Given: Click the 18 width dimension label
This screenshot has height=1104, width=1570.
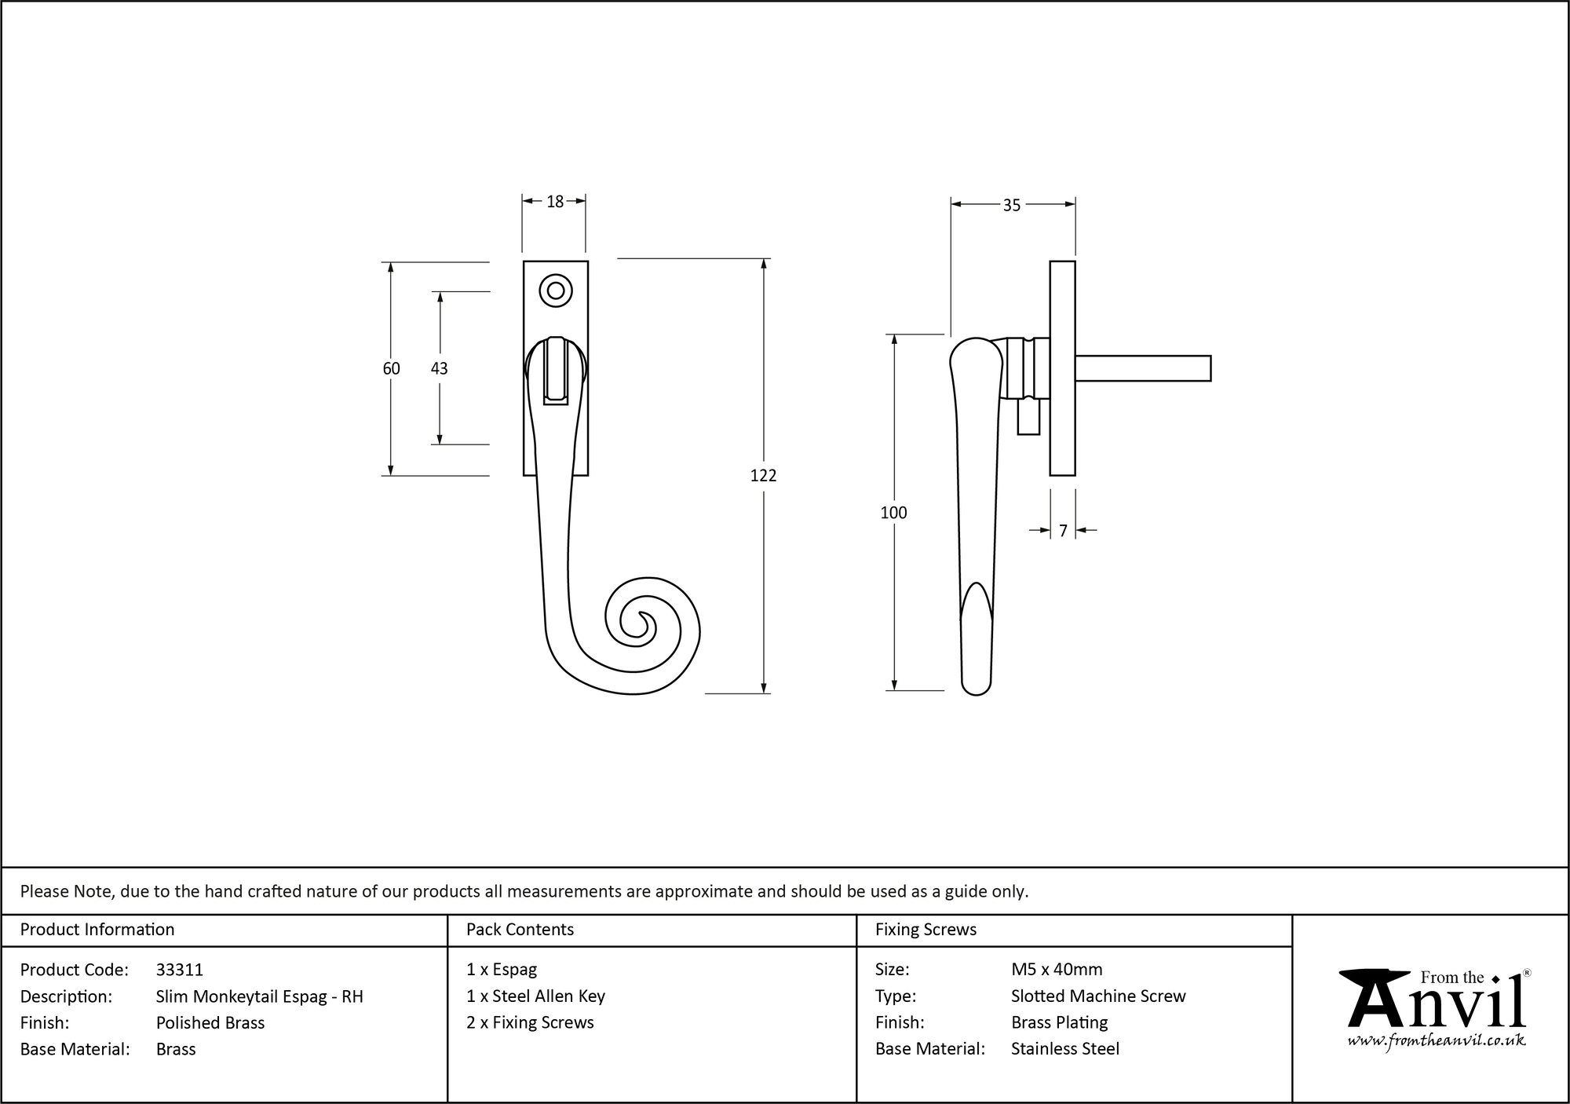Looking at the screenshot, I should (x=555, y=202).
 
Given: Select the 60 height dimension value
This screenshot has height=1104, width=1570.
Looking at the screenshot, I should (x=391, y=368).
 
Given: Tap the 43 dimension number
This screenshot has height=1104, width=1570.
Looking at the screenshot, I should (x=439, y=368).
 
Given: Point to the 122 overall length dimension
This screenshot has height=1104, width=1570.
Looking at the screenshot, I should (x=763, y=475).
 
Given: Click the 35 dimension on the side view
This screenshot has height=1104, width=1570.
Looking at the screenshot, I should (x=1011, y=205).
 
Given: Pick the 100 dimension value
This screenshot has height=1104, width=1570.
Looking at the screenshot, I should (x=893, y=513).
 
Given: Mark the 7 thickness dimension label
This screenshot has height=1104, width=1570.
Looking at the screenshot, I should (x=1063, y=532).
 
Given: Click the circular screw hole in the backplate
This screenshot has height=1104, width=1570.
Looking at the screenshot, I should (x=556, y=291).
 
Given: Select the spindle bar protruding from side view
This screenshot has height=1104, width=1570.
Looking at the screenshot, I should (x=1142, y=368).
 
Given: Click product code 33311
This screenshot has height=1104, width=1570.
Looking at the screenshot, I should (x=180, y=970).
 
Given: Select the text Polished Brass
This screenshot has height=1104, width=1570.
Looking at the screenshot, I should (x=210, y=1022).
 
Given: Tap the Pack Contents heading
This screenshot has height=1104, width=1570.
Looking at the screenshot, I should (x=520, y=930).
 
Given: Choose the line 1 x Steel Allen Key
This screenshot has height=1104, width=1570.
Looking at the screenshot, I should (x=535, y=996).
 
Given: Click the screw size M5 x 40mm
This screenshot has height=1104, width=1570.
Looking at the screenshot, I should (x=1057, y=970).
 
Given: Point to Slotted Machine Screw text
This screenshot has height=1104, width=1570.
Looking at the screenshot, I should (x=1098, y=996).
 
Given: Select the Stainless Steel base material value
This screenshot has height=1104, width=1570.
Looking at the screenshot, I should (x=1065, y=1049).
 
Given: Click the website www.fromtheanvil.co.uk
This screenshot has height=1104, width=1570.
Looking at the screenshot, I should (x=1437, y=1040).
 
